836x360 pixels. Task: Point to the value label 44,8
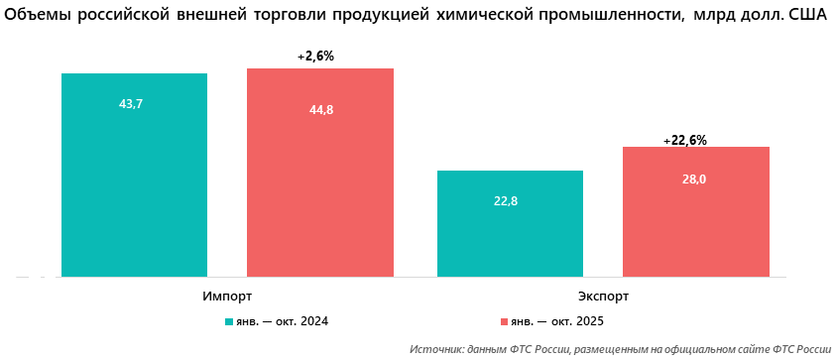321,110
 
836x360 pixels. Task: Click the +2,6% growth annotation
316,57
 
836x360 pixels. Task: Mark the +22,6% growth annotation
685,141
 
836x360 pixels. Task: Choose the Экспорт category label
603,297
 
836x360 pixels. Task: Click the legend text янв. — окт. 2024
282,322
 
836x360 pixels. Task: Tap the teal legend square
229,322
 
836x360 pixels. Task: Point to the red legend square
504,322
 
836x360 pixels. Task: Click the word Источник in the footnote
435,349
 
